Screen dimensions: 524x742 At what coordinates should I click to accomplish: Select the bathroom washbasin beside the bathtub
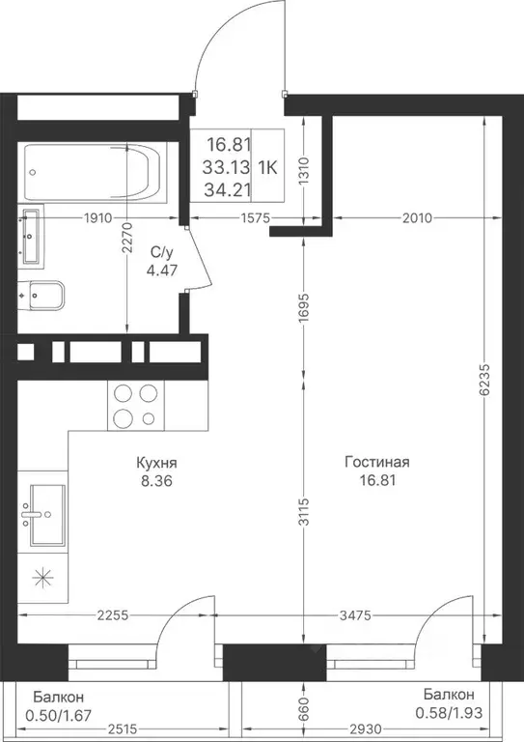pos(31,235)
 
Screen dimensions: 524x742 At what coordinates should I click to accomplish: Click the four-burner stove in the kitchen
pos(136,406)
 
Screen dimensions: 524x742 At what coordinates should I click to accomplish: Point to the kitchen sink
pos(47,515)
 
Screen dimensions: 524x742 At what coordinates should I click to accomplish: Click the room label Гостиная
pos(376,462)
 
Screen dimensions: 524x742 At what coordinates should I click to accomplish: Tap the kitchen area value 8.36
pos(156,481)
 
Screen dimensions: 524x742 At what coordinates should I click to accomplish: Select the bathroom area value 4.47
pos(161,271)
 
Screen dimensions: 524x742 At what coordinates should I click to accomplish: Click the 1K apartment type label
pos(267,167)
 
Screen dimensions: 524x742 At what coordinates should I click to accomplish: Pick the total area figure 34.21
pos(227,190)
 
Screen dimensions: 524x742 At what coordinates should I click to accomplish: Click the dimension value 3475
pos(354,615)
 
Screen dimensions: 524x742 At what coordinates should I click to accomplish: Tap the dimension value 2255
pos(113,615)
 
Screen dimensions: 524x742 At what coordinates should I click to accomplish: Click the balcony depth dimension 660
pos(304,709)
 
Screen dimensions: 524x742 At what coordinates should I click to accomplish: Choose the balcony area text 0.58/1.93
pos(449,713)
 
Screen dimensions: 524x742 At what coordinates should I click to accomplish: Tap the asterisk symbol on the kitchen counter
pos(42,578)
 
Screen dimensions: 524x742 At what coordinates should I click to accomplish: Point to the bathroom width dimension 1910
pos(97,218)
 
